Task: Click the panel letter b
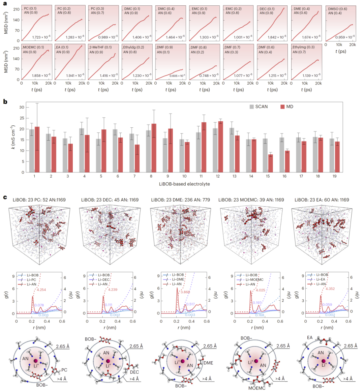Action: (x=5, y=101)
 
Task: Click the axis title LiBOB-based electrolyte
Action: (x=184, y=184)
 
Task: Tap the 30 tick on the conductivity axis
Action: (x=22, y=107)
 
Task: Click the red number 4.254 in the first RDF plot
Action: (x=41, y=290)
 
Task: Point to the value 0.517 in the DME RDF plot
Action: (x=190, y=304)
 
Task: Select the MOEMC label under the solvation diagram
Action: (x=257, y=388)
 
